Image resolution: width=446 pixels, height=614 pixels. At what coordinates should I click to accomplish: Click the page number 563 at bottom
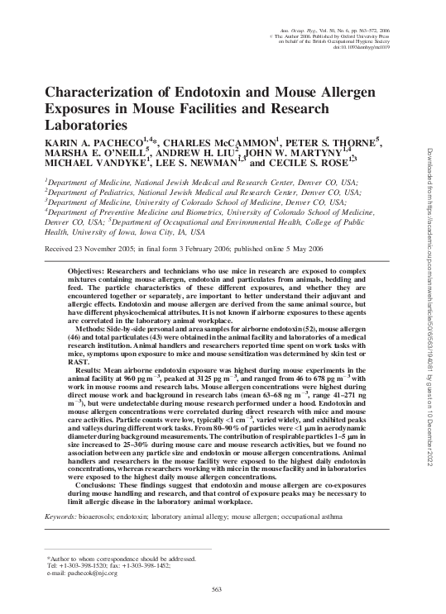coord(219,588)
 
